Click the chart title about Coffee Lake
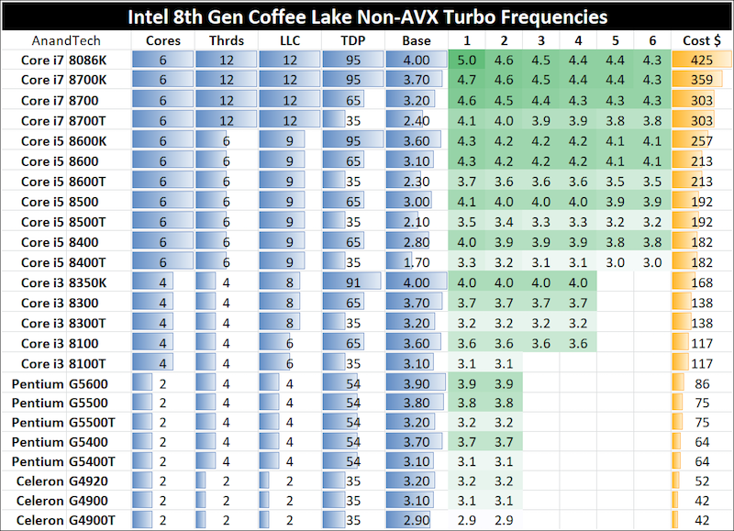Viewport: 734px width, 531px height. click(x=367, y=17)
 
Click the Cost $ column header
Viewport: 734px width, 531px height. click(x=702, y=40)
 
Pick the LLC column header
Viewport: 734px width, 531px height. click(x=289, y=40)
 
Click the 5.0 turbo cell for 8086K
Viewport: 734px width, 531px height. click(x=466, y=60)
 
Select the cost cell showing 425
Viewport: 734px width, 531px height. click(x=702, y=60)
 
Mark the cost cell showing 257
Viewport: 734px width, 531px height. click(x=702, y=140)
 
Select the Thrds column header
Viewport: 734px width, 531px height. click(x=226, y=40)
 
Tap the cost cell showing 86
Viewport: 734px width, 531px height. click(x=702, y=383)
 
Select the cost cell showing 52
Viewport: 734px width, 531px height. click(x=702, y=481)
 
